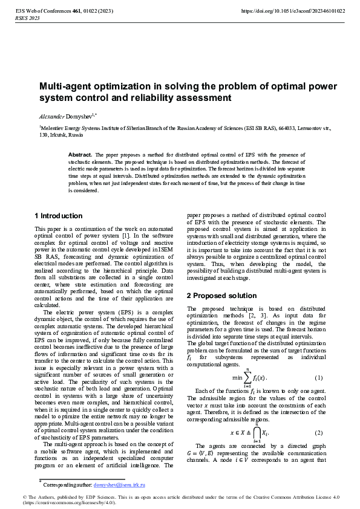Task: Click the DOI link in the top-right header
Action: (293, 11)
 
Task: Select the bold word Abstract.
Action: (80, 155)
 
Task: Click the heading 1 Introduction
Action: (59, 216)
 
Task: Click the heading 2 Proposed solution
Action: (221, 296)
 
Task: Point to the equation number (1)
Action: (319, 378)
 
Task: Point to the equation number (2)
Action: (319, 433)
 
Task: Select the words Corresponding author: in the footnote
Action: (67, 485)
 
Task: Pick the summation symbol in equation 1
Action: (247, 378)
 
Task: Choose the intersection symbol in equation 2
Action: (257, 433)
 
